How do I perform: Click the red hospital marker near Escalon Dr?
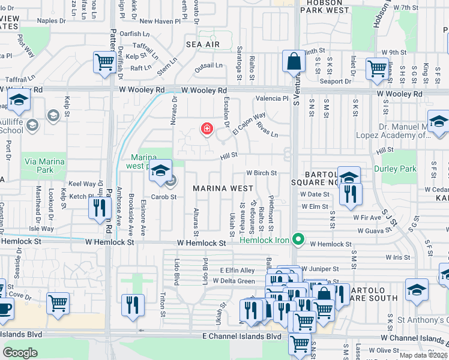207,128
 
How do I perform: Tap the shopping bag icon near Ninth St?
294,62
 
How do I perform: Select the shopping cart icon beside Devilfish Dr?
105,62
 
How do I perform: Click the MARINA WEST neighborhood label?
223,188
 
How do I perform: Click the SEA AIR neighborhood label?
203,45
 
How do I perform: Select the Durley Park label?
399,169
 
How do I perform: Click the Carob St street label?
164,197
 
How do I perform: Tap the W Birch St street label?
261,173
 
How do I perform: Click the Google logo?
20,352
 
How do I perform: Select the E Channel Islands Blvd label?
242,337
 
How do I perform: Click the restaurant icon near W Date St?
348,193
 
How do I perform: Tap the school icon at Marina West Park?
160,170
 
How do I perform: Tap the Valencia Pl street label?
273,98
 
